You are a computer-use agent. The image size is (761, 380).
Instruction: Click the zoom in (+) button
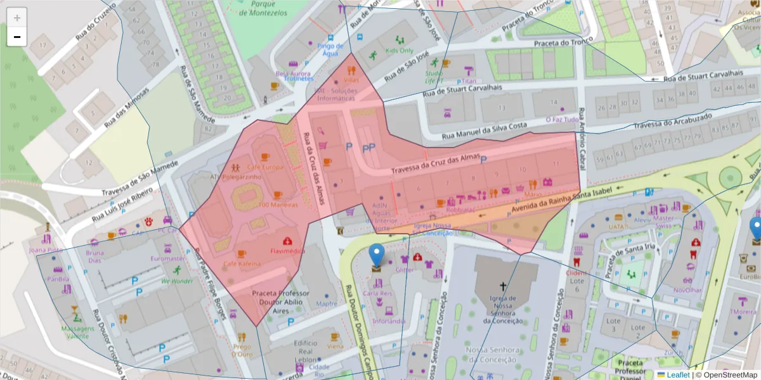[16, 17]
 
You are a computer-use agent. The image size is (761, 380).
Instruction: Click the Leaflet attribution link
[678, 374]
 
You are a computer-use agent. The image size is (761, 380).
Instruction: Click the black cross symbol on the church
[504, 286]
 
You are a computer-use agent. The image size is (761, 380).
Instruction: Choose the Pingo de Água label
[330, 49]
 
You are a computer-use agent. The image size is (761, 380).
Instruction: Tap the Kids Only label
[400, 51]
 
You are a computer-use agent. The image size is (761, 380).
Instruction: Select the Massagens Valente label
[75, 332]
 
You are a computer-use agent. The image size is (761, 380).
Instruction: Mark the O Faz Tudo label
[563, 119]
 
